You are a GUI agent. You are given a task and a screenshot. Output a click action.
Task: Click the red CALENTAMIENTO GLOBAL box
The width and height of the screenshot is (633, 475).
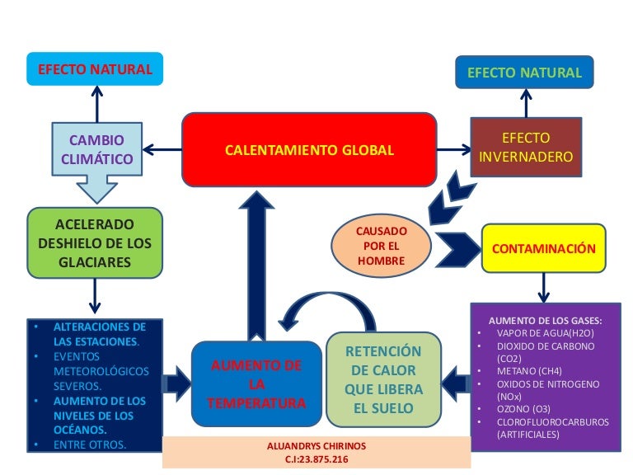pos(309,149)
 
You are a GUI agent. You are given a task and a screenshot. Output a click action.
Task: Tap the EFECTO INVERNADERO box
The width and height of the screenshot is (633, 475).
pos(526,147)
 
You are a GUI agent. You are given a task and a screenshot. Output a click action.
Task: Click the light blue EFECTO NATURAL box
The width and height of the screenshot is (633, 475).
pos(95,69)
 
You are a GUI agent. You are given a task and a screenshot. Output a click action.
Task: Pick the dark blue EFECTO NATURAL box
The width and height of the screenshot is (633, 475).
pos(524,73)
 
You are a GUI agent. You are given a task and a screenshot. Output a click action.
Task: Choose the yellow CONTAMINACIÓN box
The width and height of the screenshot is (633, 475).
pos(543,248)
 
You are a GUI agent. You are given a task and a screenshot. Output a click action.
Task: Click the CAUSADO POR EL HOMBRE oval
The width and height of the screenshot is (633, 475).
pos(381,246)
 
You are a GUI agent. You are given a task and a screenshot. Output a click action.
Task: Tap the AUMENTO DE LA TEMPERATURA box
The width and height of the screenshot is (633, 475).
pos(256,384)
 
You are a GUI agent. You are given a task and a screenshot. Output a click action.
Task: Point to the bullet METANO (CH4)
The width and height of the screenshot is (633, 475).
pos(530,371)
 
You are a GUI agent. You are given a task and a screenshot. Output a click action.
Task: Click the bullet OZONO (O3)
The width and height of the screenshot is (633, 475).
pos(524,409)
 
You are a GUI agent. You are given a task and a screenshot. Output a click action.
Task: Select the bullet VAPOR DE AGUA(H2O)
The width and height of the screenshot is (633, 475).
pos(542,333)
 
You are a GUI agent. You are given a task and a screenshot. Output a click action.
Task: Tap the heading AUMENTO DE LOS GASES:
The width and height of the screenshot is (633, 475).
pos(545,320)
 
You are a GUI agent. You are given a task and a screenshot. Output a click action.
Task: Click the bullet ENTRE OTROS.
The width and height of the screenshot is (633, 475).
pos(91,445)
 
